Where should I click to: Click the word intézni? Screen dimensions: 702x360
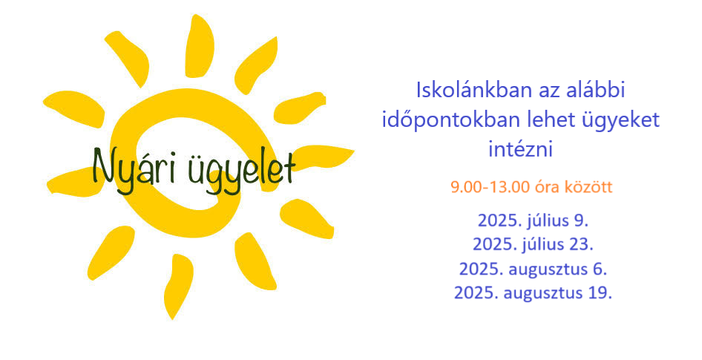coord(520,149)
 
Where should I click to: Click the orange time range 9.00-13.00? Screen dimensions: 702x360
coord(491,187)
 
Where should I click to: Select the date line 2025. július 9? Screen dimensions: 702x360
coord(533,220)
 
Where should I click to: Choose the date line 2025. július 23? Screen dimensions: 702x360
coord(533,244)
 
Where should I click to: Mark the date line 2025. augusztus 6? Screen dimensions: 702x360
coord(533,269)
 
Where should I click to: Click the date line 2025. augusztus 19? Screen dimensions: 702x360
coord(533,293)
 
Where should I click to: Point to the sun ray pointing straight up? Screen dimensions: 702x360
coord(199,46)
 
